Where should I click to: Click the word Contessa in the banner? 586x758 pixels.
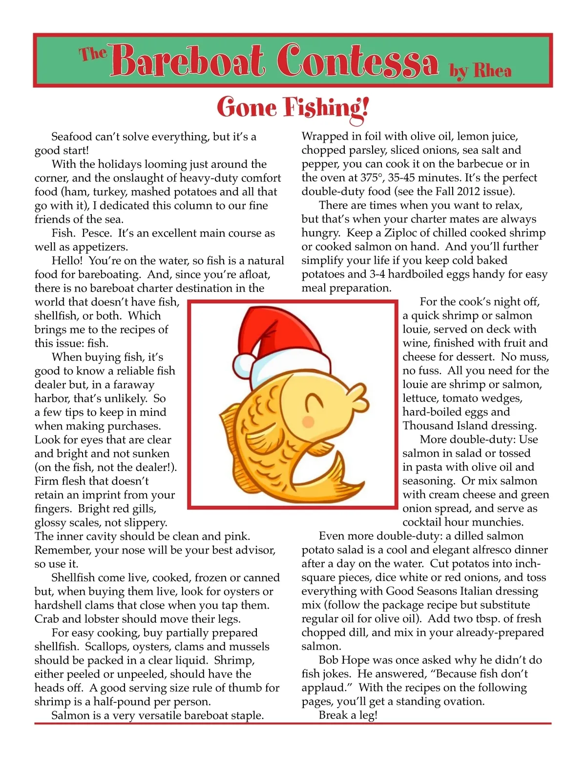click(x=357, y=61)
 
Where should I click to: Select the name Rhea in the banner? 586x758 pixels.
click(x=492, y=71)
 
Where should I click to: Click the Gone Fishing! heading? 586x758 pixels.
click(x=293, y=107)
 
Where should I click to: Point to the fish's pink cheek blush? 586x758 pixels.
click(x=308, y=421)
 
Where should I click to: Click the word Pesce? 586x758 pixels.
click(x=96, y=233)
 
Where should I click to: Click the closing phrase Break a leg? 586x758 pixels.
click(x=348, y=715)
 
